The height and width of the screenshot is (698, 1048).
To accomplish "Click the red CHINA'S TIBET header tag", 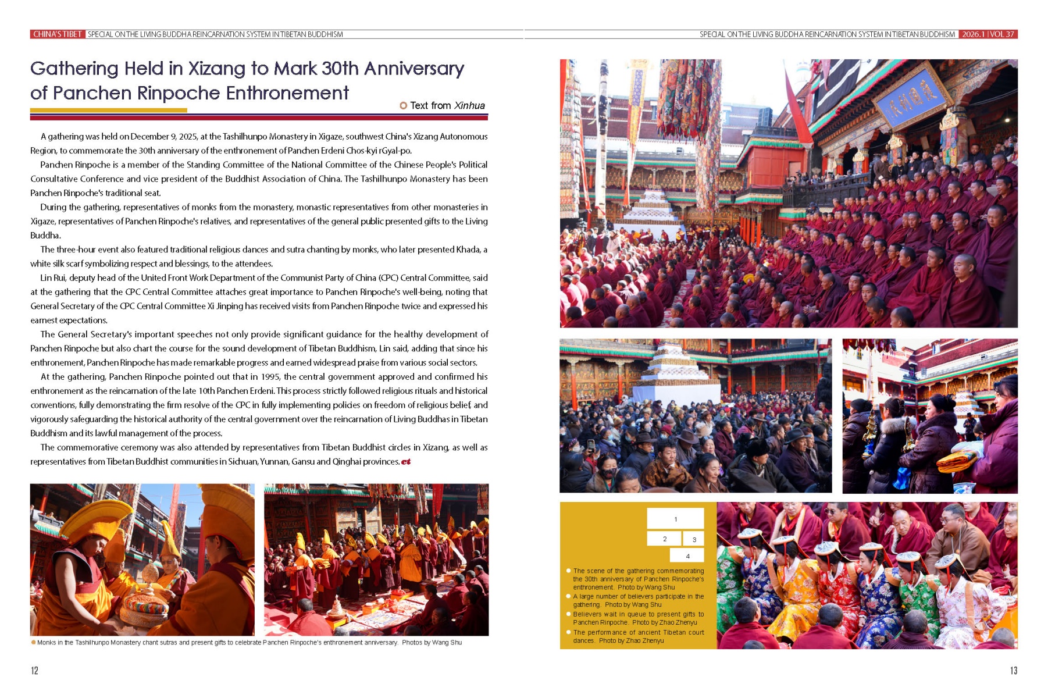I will point(57,34).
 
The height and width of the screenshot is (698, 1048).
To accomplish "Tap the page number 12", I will point(34,671).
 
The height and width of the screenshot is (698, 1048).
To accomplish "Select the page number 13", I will point(1013,671).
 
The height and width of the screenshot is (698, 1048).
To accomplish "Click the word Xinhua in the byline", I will point(469,105).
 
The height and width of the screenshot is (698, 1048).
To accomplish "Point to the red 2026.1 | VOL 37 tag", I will point(988,34).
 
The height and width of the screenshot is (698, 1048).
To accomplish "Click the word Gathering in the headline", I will point(74,69).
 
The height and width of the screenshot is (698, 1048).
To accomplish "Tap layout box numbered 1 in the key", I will point(675,519).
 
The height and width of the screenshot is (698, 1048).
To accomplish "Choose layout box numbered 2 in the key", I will point(664,539).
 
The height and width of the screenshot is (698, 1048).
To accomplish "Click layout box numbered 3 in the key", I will point(694,539).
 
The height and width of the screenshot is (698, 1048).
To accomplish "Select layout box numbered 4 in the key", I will point(687,556).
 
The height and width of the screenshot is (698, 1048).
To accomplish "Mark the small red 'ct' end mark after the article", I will point(406,462).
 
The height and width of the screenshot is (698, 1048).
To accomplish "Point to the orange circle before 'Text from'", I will point(403,105).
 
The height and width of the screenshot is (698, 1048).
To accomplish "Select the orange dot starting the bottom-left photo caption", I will point(33,643).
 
